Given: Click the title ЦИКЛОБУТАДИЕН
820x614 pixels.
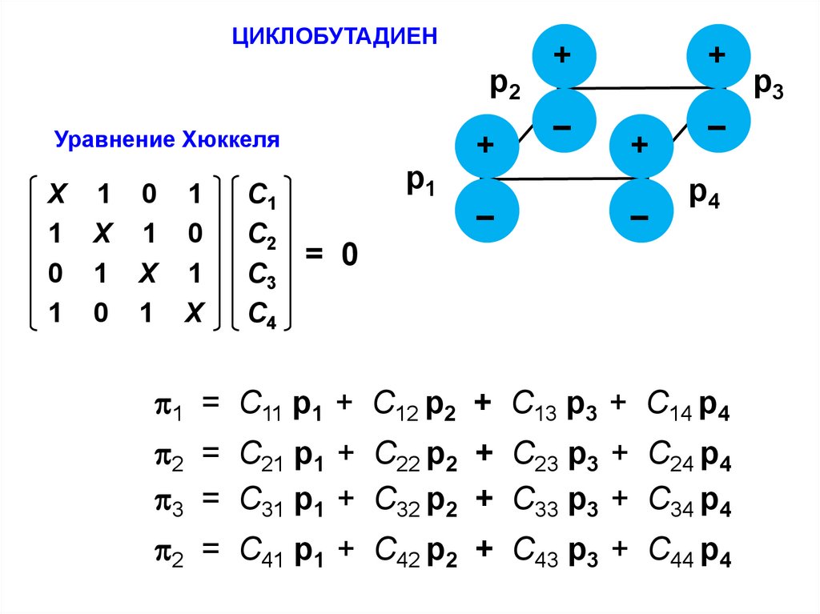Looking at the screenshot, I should coord(336,37).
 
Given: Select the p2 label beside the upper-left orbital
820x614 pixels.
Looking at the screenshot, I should coord(505,86).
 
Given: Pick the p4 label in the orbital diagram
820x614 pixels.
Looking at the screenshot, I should coord(705,196).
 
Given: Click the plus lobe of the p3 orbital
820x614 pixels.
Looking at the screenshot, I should coord(717,55).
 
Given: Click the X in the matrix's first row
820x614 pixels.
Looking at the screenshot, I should coord(56,195).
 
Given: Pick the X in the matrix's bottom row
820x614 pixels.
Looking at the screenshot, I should coord(192,315).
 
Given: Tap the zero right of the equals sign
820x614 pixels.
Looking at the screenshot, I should coord(348,255).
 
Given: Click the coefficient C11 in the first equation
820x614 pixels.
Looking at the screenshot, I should coord(258,410).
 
